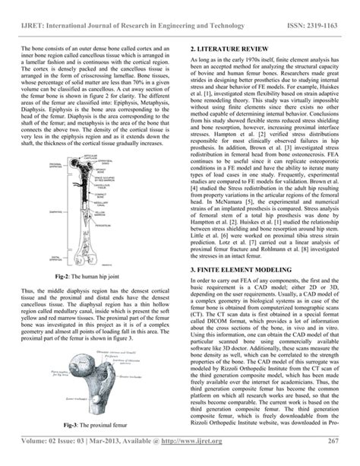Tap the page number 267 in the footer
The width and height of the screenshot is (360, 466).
tap(332, 442)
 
